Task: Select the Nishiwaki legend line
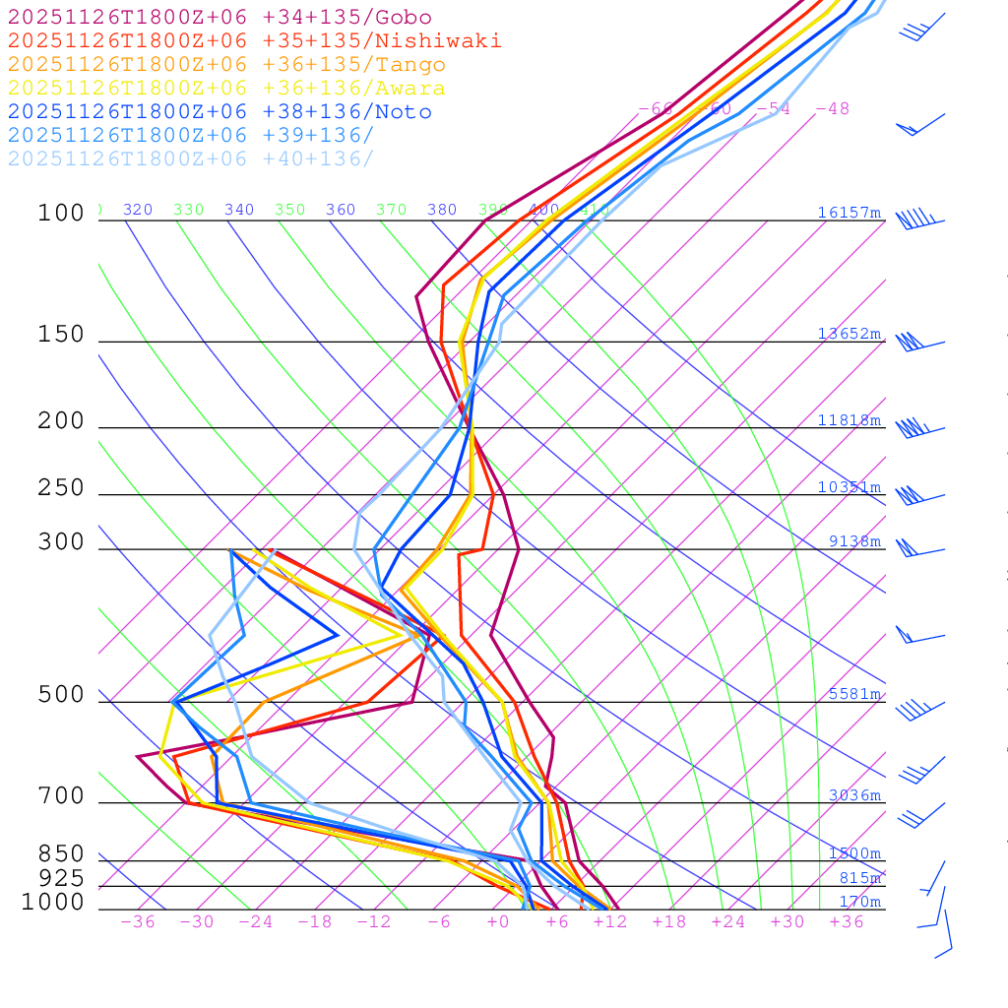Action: (254, 40)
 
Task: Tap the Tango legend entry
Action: (226, 65)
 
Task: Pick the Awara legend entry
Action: (226, 89)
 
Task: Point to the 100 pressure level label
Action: (61, 213)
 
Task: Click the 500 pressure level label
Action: (61, 695)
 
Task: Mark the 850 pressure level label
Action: (61, 853)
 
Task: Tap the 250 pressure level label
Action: (61, 487)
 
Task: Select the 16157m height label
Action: (850, 213)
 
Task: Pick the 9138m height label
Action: (854, 541)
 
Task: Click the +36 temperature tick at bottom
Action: (847, 921)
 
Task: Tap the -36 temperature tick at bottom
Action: (138, 921)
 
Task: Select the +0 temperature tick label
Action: (498, 921)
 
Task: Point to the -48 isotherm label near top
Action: (833, 108)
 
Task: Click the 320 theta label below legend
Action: (138, 210)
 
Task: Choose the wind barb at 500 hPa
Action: (915, 707)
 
